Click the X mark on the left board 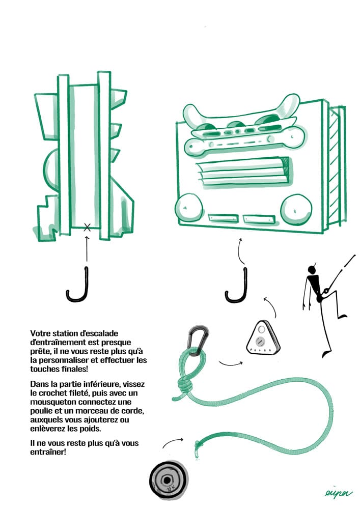coord(87,228)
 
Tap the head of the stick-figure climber coord(312,269)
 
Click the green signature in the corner coord(338,493)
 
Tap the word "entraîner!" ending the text coord(48,452)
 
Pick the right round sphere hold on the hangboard coord(296,209)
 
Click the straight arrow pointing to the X coord(87,249)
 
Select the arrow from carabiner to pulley coord(231,364)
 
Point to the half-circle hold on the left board coord(50,171)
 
